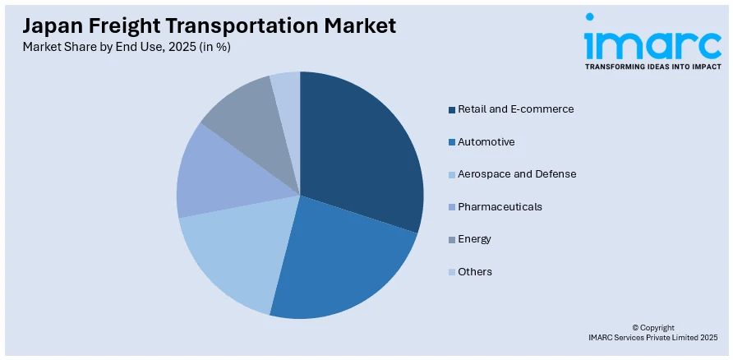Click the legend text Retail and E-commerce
pos(515,109)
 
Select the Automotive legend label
pos(486,142)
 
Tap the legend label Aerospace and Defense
pos(517,174)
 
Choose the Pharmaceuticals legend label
pos(500,207)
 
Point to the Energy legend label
pos(474,239)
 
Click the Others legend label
pos(475,272)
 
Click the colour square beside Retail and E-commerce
pos(452,109)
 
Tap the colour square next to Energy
pos(452,239)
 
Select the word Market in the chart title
pos(357,25)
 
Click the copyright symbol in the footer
pos(636,328)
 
